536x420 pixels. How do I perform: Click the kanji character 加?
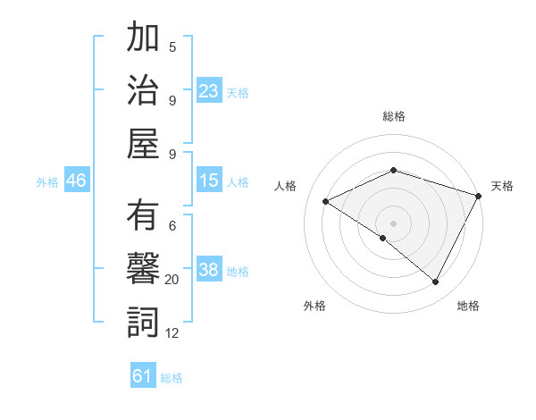coord(143,40)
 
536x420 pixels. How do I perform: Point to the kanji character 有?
coord(143,217)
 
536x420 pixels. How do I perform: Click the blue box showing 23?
coord(209,90)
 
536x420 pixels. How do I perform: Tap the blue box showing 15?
coord(209,181)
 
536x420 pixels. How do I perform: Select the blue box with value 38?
coord(209,270)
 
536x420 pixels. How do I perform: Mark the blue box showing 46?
coord(77,181)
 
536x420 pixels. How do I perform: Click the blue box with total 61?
coord(143,376)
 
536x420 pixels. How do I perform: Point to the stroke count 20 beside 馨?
coord(172,280)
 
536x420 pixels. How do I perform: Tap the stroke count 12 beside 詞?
coord(172,333)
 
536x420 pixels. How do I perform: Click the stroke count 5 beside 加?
coord(172,46)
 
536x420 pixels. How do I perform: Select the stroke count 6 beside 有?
coord(172,225)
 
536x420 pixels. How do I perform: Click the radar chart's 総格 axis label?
coord(394,116)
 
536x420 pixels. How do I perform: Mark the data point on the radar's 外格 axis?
coord(383,238)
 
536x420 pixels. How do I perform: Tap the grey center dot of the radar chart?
coord(394,223)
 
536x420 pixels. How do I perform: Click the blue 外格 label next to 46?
coord(47,181)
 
